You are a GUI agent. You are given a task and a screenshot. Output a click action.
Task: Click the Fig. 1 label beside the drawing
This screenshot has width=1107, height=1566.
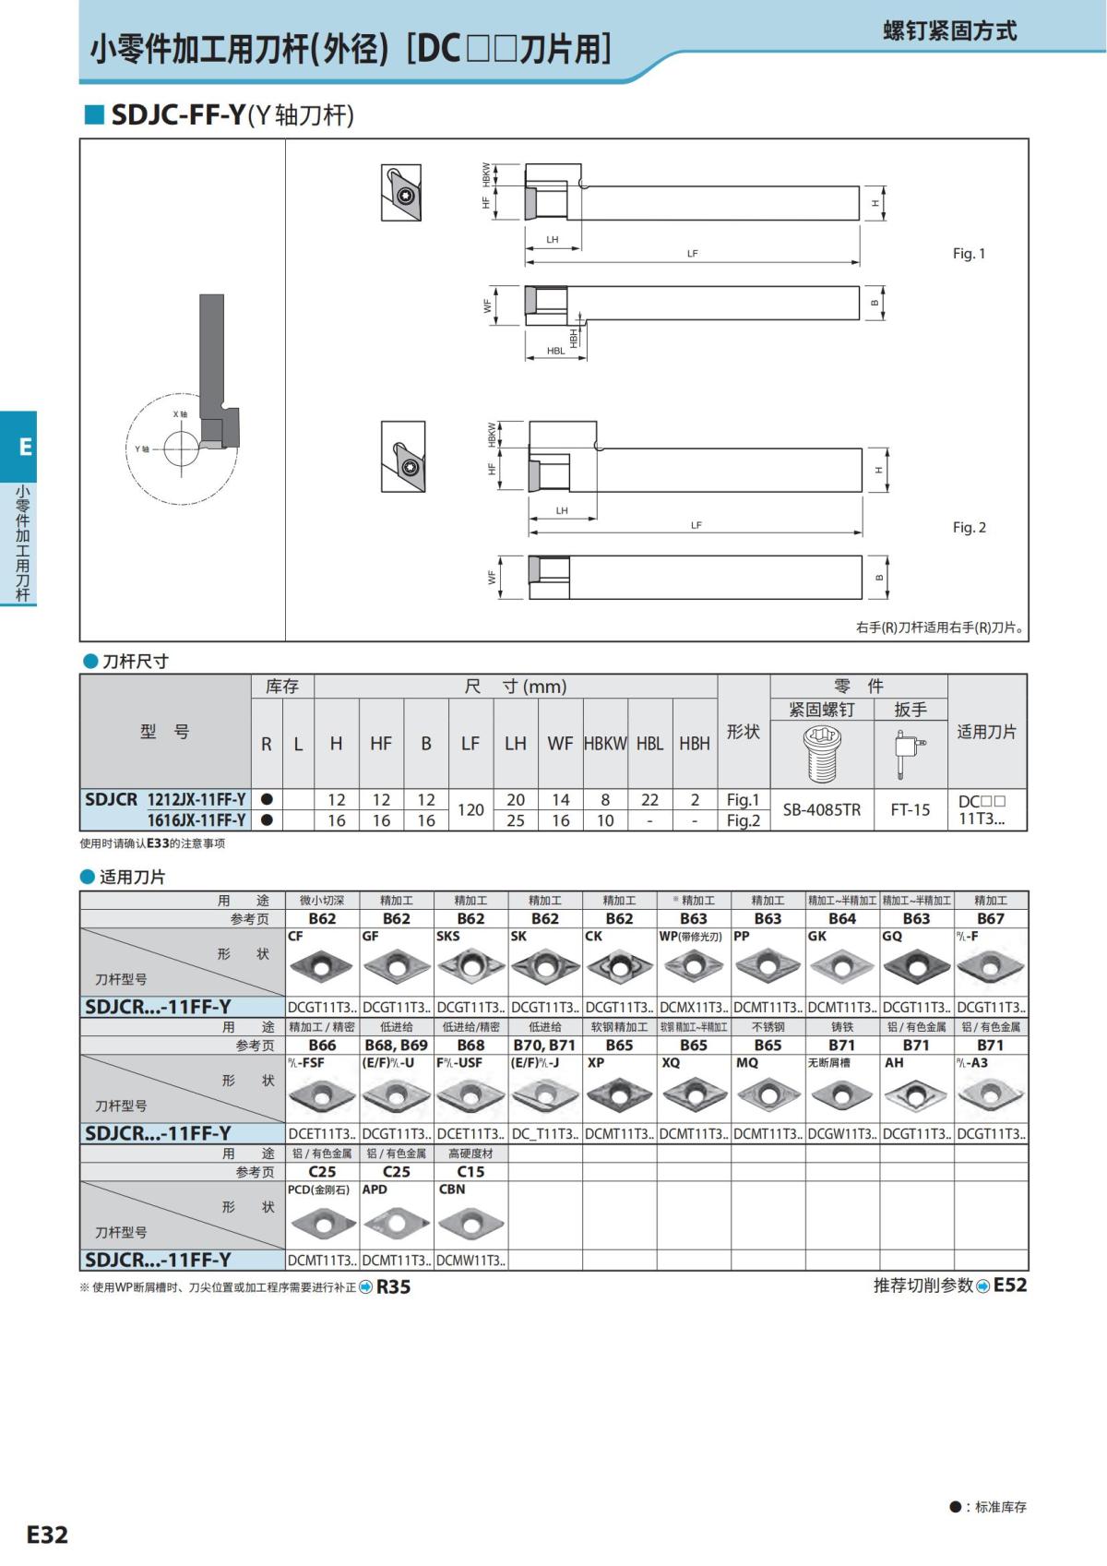pyautogui.click(x=969, y=254)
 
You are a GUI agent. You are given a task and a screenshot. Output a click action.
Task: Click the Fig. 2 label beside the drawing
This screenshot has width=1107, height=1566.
pyautogui.click(x=969, y=528)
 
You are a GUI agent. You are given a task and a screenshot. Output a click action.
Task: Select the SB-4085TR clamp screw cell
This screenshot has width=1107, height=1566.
pyautogui.click(x=821, y=810)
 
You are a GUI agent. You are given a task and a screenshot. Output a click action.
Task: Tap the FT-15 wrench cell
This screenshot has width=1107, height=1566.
pyautogui.click(x=910, y=810)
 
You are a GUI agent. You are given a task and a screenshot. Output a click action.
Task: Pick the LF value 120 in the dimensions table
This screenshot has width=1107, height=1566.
pyautogui.click(x=470, y=810)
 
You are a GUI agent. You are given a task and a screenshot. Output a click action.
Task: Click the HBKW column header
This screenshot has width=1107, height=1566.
pyautogui.click(x=605, y=744)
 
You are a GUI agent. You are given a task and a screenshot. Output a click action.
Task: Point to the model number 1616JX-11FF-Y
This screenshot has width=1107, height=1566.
pyautogui.click(x=196, y=820)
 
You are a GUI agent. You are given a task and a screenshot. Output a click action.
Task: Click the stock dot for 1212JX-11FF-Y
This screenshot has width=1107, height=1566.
pyautogui.click(x=267, y=800)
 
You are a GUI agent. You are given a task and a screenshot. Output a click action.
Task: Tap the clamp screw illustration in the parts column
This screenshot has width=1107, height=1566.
pyautogui.click(x=821, y=752)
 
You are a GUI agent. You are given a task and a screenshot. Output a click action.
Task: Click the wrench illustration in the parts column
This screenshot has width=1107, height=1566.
pyautogui.click(x=909, y=753)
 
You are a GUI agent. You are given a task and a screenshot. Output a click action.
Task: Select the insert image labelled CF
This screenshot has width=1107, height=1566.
pyautogui.click(x=322, y=967)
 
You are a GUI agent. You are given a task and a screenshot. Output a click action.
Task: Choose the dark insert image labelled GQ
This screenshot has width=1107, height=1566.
pyautogui.click(x=916, y=967)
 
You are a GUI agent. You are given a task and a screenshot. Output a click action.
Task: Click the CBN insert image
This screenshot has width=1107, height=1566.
pyautogui.click(x=470, y=1224)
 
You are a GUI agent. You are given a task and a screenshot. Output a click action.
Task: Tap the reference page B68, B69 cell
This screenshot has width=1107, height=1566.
pyautogui.click(x=397, y=1046)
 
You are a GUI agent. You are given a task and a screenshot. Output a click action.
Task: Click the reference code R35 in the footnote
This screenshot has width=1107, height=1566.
pyautogui.click(x=393, y=1286)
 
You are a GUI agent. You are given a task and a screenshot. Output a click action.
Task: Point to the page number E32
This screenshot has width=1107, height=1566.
pyautogui.click(x=47, y=1534)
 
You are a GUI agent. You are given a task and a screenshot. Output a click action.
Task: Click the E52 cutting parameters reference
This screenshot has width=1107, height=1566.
pyautogui.click(x=1009, y=1285)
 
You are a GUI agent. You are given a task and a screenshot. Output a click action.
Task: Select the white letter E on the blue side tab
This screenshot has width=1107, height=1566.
pyautogui.click(x=25, y=448)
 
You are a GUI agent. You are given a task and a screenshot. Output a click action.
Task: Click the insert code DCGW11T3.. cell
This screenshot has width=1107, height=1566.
pyautogui.click(x=841, y=1134)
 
